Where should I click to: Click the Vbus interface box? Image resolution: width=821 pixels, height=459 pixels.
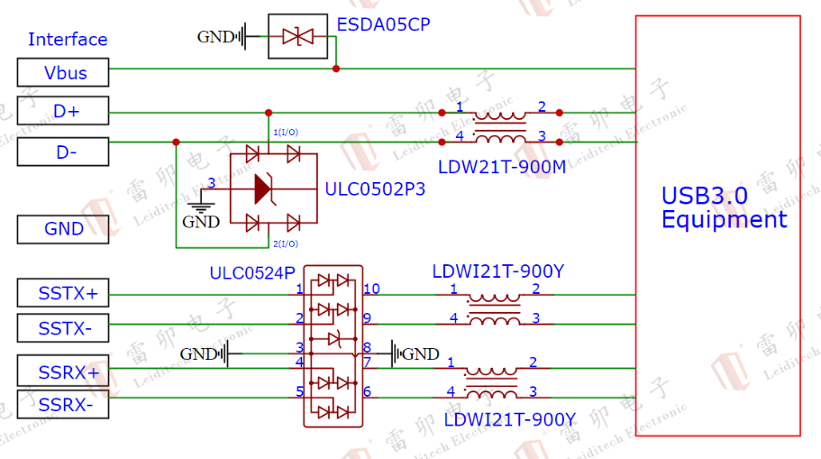point(63,72)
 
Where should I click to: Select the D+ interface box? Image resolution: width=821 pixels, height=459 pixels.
point(63,112)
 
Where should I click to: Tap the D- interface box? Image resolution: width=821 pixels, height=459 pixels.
point(63,152)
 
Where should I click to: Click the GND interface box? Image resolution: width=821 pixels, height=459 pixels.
point(63,229)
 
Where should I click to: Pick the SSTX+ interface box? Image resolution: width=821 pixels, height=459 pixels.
point(63,293)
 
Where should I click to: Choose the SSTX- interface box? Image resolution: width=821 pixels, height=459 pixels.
point(63,329)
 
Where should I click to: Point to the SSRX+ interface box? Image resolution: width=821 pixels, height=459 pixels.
point(63,371)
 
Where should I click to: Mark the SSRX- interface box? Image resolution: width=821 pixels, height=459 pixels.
point(63,406)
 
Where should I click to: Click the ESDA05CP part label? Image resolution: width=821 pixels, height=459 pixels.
point(383,24)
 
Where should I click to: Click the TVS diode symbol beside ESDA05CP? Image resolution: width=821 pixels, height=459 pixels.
point(297,37)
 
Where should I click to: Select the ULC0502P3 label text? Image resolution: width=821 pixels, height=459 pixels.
point(375,189)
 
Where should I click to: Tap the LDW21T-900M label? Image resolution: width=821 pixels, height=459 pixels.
point(502,167)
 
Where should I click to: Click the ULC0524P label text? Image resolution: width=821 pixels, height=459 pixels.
point(252,272)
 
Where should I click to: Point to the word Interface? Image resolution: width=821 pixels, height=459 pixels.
point(68,40)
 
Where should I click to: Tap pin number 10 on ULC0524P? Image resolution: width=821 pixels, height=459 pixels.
point(371,289)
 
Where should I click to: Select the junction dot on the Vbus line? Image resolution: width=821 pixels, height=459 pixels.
point(336,68)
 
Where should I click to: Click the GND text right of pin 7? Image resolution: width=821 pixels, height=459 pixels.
point(421,354)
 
